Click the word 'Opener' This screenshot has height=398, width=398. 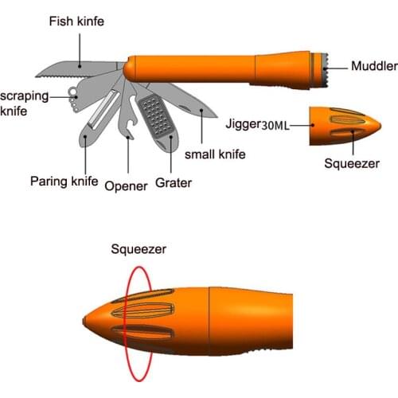click(x=126, y=185)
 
